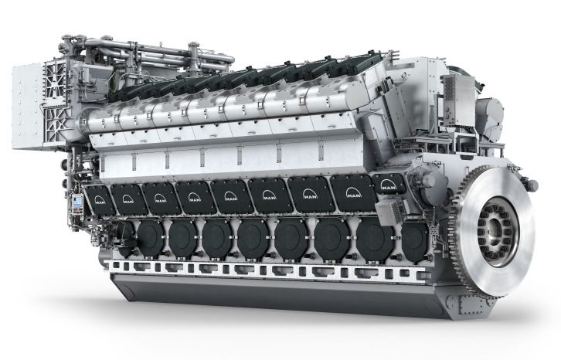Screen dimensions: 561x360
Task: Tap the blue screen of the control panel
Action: tap(77, 202)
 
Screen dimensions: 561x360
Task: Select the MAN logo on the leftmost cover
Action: tap(100, 199)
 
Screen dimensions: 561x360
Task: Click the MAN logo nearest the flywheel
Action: tap(388, 185)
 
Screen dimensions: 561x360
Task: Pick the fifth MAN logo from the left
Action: tap(231, 196)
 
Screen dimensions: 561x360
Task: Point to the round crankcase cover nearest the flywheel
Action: tap(414, 238)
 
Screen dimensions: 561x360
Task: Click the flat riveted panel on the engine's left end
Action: tap(29, 107)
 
